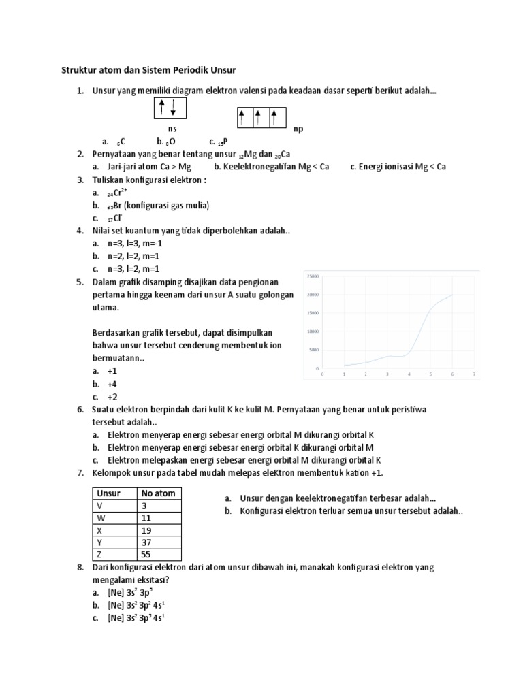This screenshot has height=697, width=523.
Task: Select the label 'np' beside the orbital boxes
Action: (298, 129)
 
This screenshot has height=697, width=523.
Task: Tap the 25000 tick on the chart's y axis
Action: (313, 276)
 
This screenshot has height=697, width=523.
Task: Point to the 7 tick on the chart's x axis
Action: (473, 374)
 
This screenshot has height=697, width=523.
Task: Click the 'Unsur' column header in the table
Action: (109, 493)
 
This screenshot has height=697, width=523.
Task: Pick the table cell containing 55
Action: (159, 555)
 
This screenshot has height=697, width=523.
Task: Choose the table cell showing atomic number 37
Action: (159, 542)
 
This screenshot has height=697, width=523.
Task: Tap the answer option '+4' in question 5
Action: (112, 384)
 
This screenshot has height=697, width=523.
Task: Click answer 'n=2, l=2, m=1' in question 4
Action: (133, 256)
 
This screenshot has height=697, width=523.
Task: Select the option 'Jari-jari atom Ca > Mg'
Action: (149, 166)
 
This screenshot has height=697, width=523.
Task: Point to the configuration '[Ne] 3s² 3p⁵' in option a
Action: (134, 592)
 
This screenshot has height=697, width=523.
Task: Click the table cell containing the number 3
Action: (159, 506)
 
